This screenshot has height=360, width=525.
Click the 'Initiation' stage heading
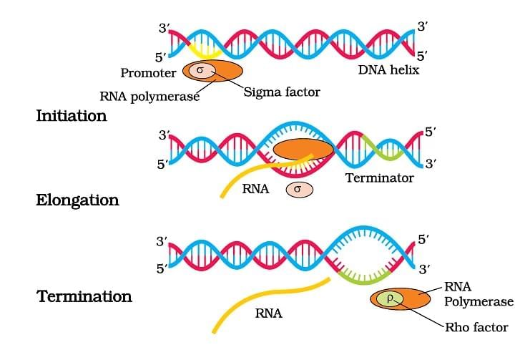point(71,115)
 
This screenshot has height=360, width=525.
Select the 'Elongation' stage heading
point(77,200)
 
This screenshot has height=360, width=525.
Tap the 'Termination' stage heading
point(84,296)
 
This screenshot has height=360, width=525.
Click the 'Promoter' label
point(148,73)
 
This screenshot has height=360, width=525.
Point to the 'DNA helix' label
point(390,70)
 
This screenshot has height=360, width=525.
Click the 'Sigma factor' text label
point(282,92)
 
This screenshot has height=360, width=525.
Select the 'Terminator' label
point(379,177)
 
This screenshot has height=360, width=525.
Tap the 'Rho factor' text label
point(476,327)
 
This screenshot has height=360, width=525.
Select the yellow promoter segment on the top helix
point(205,50)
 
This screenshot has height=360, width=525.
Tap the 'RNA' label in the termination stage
point(268,313)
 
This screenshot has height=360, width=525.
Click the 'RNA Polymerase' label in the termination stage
point(479,294)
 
